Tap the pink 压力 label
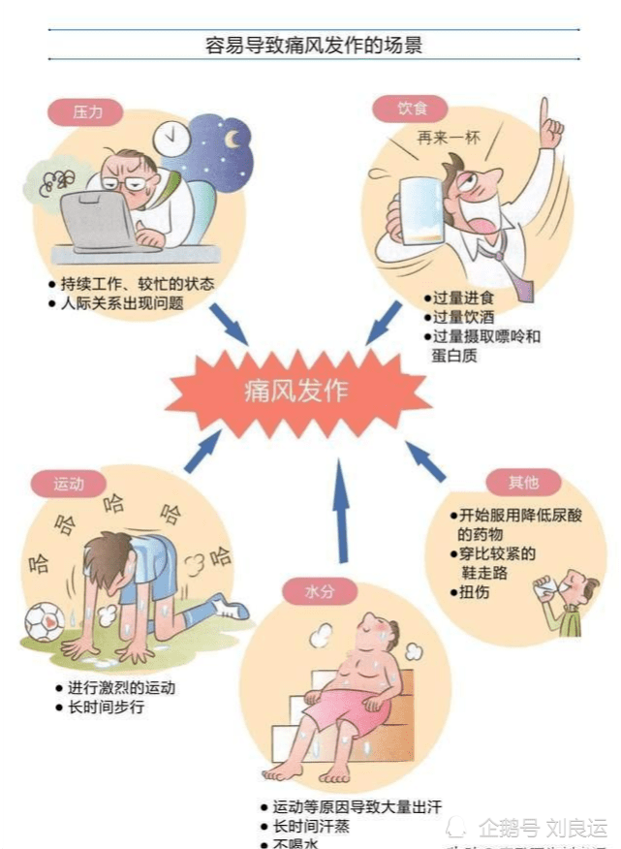86,111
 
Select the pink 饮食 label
412,109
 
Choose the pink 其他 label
524,481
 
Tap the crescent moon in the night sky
233,139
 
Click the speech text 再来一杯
449,138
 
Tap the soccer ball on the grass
44,622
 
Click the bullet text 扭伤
475,591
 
